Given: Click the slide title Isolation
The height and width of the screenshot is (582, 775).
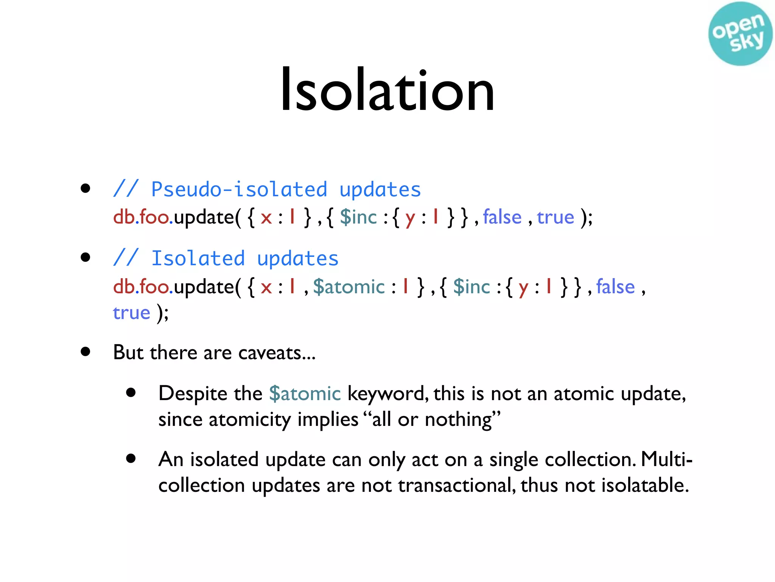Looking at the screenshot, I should [387, 90].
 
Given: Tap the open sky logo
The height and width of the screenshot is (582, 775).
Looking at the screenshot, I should [740, 34].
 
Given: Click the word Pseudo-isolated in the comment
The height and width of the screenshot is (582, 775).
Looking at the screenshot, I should [239, 189].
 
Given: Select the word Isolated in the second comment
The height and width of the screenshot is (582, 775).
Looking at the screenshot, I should [198, 259].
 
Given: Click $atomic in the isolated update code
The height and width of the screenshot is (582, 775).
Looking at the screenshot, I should [349, 287].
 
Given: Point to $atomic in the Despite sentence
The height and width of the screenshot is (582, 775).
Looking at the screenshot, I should [305, 394].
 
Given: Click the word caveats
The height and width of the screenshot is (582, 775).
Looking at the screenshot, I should [269, 353].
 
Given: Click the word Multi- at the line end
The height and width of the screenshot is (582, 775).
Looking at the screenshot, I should [667, 460].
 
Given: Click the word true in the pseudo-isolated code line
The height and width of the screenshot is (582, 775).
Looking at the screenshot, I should [555, 217].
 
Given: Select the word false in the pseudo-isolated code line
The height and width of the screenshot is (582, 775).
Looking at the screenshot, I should [502, 217].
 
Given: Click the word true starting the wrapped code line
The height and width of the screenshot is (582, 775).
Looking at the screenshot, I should [131, 313].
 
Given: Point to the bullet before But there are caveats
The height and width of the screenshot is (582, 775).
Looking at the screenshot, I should [86, 352].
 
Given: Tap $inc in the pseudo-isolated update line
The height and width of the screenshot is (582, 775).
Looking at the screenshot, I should [358, 217].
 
